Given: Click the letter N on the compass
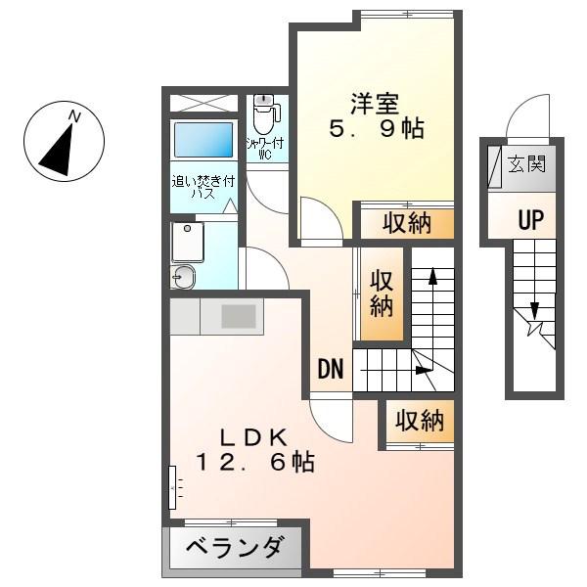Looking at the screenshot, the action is [75, 117].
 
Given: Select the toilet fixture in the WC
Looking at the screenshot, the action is [265, 113].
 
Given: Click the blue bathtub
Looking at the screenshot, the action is [203, 140].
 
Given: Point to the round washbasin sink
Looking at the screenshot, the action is [183, 277].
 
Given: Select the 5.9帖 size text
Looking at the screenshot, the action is [377, 128].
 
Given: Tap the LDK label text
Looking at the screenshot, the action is [253, 437].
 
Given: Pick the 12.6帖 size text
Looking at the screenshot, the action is [255, 462].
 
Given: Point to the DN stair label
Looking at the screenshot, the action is [331, 369].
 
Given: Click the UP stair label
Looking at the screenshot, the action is [531, 220].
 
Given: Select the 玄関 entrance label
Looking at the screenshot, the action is [526, 163].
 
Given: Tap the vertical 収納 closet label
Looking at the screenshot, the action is [382, 293].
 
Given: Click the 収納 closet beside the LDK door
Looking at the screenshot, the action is [420, 421].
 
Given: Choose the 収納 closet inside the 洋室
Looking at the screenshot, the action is [407, 223].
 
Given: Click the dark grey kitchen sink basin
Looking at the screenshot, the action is [239, 316].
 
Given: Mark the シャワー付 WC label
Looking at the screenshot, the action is [265, 149].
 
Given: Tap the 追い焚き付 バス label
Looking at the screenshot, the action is [203, 187].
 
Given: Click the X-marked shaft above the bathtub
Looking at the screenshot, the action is [203, 103].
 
